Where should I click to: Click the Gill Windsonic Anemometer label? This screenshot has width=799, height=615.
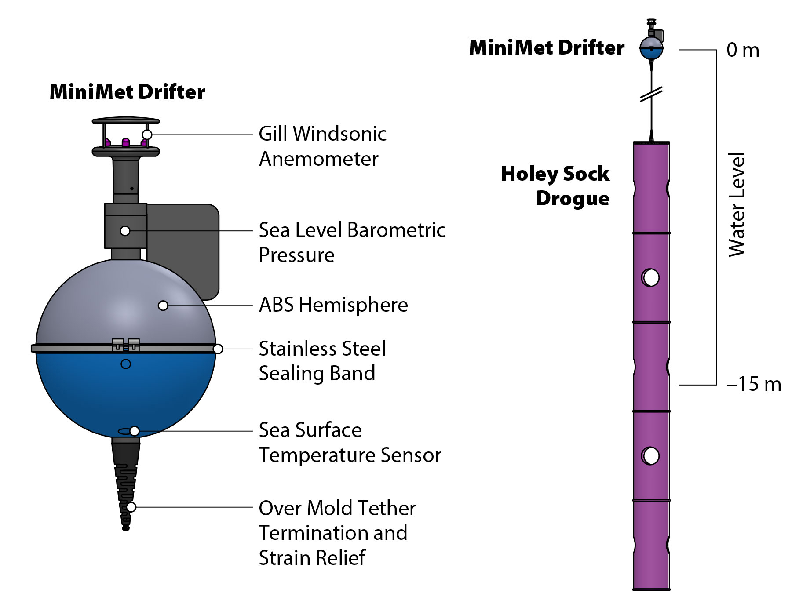coord(322,146)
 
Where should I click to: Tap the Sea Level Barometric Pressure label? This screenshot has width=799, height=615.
coord(352,242)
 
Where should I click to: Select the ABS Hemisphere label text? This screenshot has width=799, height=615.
coord(333,305)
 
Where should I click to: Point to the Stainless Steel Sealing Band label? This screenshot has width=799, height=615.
coord(322,361)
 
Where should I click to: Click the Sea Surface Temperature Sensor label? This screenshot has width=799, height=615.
coord(350,442)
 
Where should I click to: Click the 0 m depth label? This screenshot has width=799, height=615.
coord(743,50)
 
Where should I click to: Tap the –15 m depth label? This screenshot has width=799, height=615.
coord(754,384)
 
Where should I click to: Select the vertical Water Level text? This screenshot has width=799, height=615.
coord(737,205)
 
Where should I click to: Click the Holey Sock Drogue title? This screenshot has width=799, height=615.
coord(555,186)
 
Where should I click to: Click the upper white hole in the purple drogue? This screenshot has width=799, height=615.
coord(651,278)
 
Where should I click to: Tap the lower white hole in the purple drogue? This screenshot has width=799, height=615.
coord(651,456)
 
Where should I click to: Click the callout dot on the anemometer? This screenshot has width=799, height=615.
coord(147,135)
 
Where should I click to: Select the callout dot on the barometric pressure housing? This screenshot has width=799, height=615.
coord(125,231)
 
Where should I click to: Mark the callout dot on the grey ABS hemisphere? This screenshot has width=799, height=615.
coord(163,306)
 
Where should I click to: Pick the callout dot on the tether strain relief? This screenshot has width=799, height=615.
coord(131,507)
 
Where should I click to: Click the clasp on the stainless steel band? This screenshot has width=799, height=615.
coord(126,345)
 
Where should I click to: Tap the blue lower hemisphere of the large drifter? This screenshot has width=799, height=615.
coord(126,396)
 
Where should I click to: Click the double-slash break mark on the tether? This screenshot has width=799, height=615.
coord(651,94)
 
